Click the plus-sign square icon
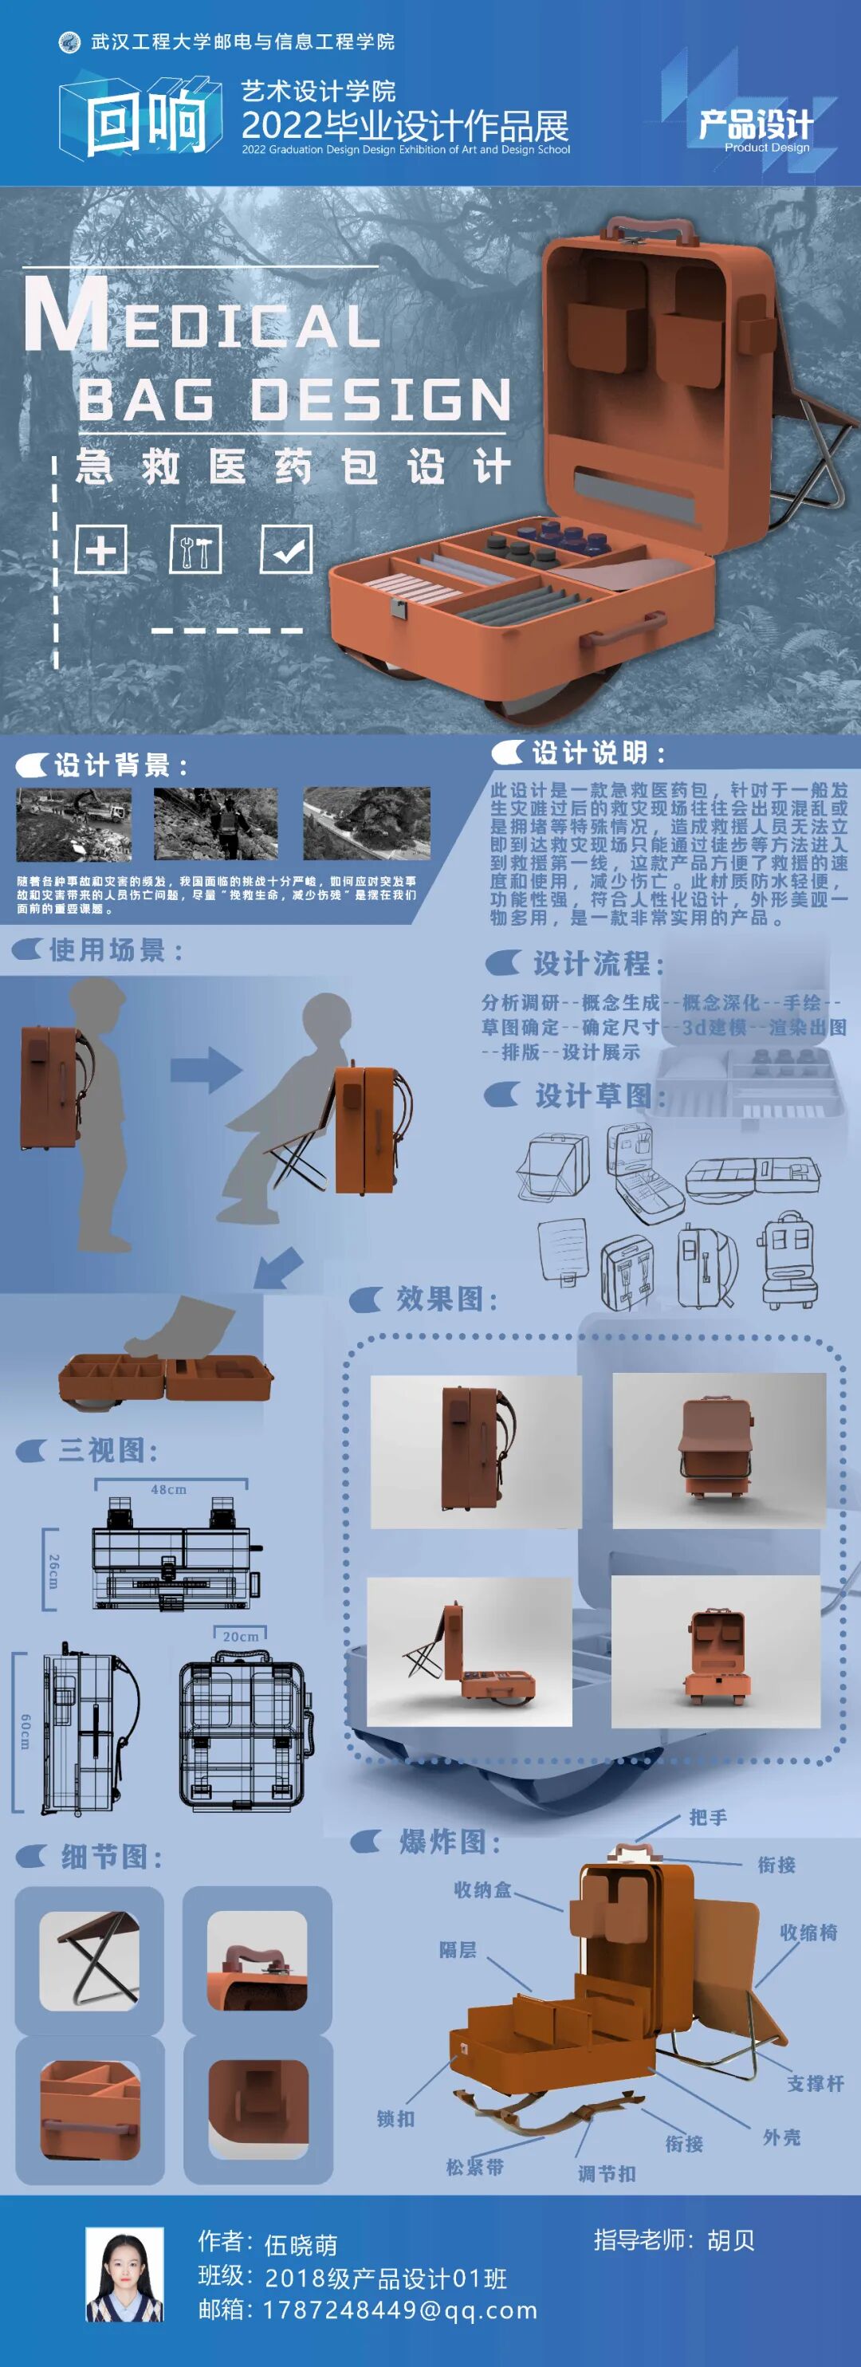[100, 549]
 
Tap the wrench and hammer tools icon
[195, 549]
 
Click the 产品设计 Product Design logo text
[755, 127]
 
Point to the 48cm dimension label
[169, 1489]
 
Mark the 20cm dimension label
[241, 1636]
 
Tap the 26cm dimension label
[53, 1571]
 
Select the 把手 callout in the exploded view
[709, 1818]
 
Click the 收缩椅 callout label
[808, 1933]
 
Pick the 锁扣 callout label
[396, 2118]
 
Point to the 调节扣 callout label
[607, 2173]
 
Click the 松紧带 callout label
[475, 2167]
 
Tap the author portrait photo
[125, 2275]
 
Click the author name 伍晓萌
[301, 2245]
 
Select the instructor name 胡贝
[730, 2239]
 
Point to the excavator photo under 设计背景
[73, 823]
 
